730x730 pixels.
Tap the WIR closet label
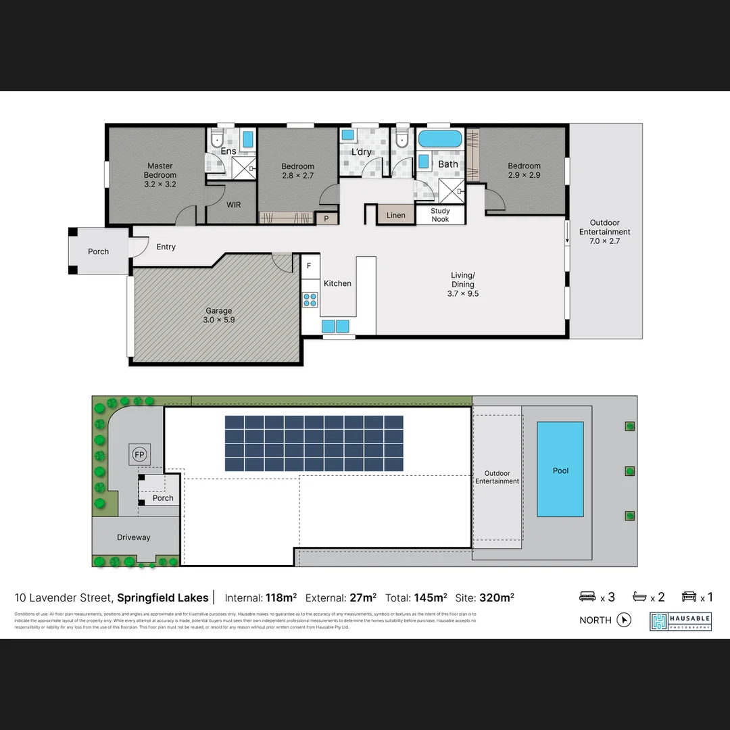[x=233, y=205]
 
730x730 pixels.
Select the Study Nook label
[x=440, y=215]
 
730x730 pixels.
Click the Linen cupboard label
[x=396, y=215]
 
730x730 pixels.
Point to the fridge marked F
[x=309, y=266]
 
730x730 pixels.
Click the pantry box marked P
[x=327, y=218]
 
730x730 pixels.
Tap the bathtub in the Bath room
[x=439, y=140]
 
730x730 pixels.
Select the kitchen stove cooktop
[x=310, y=299]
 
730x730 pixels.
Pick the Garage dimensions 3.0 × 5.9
[x=219, y=320]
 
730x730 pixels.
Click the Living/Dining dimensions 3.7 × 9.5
[x=463, y=294]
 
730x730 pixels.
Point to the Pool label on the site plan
[x=560, y=470]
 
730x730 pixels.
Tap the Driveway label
[x=134, y=537]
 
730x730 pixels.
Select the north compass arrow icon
[x=624, y=620]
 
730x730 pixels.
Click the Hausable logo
[x=680, y=621]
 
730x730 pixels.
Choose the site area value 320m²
[x=497, y=598]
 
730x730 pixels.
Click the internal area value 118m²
[x=281, y=598]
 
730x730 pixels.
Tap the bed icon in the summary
[x=587, y=597]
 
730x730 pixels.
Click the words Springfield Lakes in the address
[x=163, y=598]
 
